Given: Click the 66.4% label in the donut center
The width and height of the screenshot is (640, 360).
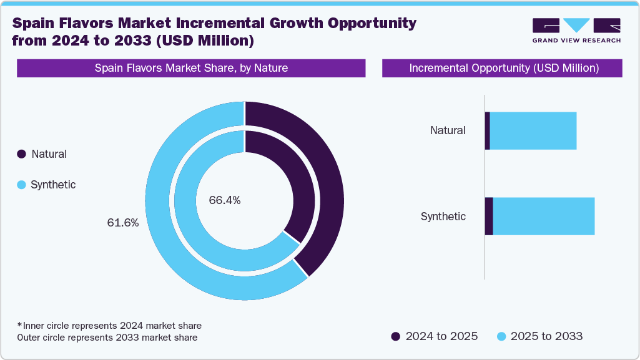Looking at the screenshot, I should click(225, 200).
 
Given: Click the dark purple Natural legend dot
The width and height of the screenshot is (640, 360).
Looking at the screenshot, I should click(22, 154).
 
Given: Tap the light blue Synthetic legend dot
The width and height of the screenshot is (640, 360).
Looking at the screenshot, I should click(22, 185).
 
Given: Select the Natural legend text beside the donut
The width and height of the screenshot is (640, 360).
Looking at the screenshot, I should click(49, 154).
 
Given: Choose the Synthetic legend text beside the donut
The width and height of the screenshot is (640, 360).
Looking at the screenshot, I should click(53, 185).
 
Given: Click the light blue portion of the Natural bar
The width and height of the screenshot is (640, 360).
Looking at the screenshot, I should click(533, 131).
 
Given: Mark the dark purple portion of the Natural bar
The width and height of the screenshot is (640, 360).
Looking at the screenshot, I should click(487, 131).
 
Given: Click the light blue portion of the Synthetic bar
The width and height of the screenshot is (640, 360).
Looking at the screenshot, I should click(543, 216).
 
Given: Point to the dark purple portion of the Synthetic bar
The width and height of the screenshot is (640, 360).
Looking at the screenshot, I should click(489, 216).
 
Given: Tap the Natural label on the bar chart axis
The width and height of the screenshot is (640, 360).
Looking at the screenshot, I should click(448, 130).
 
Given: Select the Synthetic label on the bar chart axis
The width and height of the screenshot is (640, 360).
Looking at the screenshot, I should click(443, 216).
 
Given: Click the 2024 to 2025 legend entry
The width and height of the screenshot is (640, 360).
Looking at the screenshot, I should click(435, 336).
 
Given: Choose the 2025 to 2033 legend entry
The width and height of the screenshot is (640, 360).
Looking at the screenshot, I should click(539, 336).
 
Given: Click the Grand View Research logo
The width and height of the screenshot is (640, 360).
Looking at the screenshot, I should click(576, 30).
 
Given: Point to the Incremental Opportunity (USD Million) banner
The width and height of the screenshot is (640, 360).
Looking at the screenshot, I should click(502, 68).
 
